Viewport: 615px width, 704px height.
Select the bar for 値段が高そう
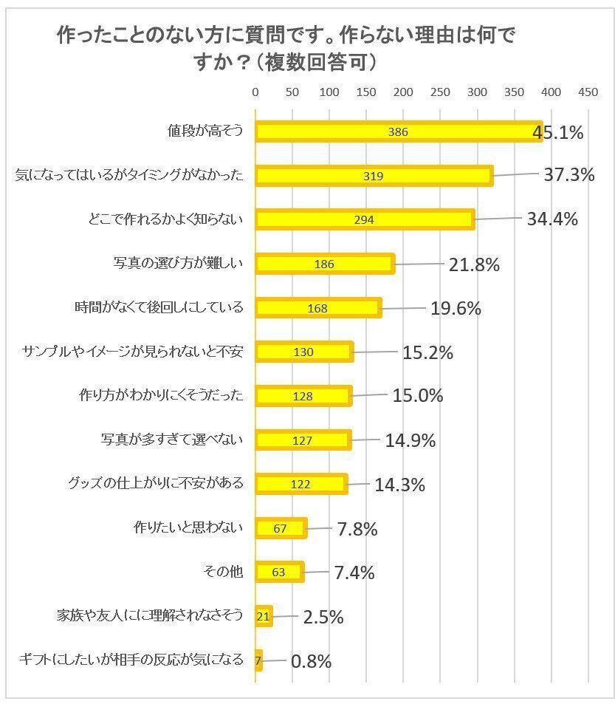pyautogui.click(x=399, y=131)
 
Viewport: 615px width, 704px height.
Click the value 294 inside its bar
pyautogui.click(x=364, y=220)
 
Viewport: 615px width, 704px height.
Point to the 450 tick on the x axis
pyautogui.click(x=588, y=92)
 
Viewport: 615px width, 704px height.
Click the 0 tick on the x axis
pyautogui.click(x=255, y=92)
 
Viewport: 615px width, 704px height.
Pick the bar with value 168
pyautogui.click(x=318, y=308)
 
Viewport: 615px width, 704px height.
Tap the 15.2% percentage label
pyautogui.click(x=427, y=352)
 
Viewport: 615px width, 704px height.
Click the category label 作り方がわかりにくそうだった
pyautogui.click(x=160, y=395)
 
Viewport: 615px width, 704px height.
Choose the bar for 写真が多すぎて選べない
pyautogui.click(x=303, y=440)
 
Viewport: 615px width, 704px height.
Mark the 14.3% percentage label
pyautogui.click(x=399, y=485)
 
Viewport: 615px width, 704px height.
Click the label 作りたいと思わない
pyautogui.click(x=188, y=527)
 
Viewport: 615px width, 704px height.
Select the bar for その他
pyautogui.click(x=280, y=573)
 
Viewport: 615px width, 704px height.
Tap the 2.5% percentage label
pyautogui.click(x=323, y=617)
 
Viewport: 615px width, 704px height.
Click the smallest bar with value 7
pyautogui.click(x=258, y=660)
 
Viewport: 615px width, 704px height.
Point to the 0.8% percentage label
pyautogui.click(x=311, y=661)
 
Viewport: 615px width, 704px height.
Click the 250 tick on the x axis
pyautogui.click(x=440, y=92)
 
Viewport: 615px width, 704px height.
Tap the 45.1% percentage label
pyautogui.click(x=558, y=132)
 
